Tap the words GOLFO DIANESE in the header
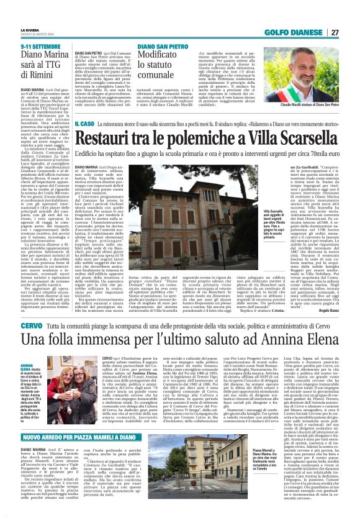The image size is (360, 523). point(297,32)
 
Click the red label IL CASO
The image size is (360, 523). point(83,125)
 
